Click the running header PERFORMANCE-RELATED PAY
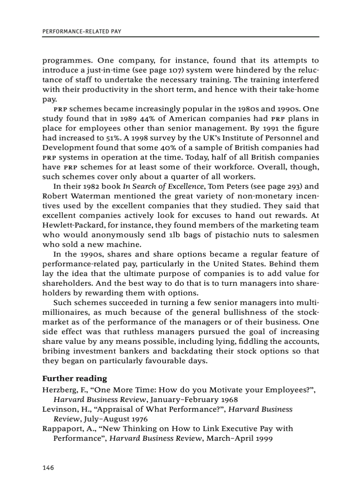coord(82,32)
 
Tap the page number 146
coord(48,467)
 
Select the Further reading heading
coord(75,379)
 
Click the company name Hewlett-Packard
coord(68,225)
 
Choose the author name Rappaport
coord(63,429)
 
